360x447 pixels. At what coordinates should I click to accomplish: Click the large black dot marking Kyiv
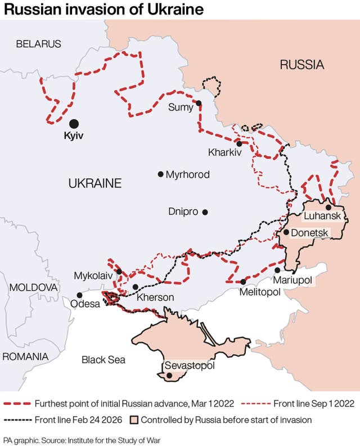click(74, 124)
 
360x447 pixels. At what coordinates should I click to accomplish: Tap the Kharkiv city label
click(224, 152)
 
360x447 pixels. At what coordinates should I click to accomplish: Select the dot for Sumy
click(198, 103)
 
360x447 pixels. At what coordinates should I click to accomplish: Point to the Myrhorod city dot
click(161, 174)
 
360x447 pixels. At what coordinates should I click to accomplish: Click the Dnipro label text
click(183, 212)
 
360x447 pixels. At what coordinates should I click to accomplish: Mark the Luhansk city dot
click(328, 207)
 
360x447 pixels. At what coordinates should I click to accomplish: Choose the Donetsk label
click(309, 232)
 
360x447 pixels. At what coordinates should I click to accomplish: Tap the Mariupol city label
click(292, 280)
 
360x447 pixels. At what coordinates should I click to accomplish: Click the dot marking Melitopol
click(243, 282)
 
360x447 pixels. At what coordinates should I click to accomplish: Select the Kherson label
click(155, 297)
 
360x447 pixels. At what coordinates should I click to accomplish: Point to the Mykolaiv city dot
click(119, 272)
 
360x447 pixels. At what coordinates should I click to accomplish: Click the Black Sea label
click(103, 360)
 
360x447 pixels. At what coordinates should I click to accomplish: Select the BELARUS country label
click(38, 44)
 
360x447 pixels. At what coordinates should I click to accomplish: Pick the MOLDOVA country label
click(33, 287)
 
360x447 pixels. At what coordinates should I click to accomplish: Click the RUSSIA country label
click(302, 65)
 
